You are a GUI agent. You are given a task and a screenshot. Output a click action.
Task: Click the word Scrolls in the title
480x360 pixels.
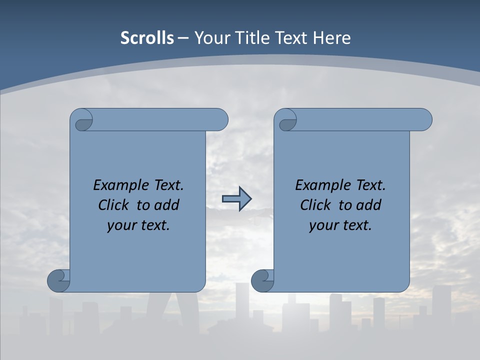147,38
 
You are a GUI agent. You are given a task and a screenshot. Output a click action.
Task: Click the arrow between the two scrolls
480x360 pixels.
236,199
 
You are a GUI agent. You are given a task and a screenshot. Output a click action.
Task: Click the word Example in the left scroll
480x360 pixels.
118,185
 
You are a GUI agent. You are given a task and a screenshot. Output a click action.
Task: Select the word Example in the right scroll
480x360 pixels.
320,185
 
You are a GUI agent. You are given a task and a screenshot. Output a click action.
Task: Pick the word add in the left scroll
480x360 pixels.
167,205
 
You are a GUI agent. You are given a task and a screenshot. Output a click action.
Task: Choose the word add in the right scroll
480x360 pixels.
369,205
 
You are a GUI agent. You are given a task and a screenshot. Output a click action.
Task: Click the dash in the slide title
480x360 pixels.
183,38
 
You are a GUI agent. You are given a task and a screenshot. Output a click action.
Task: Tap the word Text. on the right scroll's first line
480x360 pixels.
370,185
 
